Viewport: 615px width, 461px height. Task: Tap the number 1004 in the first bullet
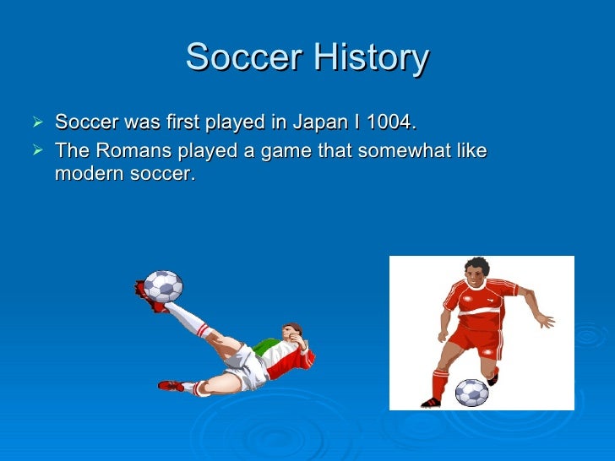pos(390,123)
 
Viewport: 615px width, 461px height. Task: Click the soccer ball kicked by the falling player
pos(163,286)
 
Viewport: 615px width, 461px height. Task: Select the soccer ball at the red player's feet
pos(471,393)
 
